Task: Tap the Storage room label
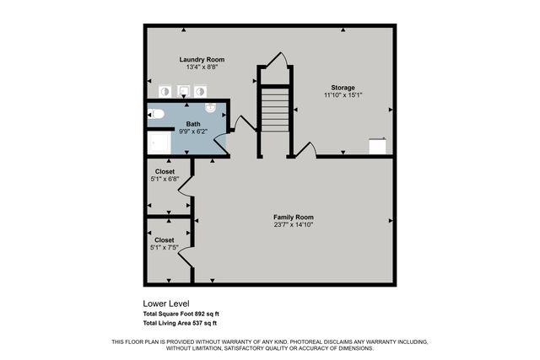pos(343,88)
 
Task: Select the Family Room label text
pos(294,217)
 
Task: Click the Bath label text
pos(193,124)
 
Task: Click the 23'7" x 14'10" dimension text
pos(294,225)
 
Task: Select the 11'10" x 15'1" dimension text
pos(343,95)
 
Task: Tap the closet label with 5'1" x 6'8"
pos(165,171)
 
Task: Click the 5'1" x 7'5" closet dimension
pos(165,248)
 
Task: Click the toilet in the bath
pos(157,113)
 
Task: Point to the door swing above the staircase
pos(279,64)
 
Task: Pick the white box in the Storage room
pos(379,147)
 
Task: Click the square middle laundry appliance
pos(183,91)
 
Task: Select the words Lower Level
pos(166,304)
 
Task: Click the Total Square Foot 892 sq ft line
pos(181,314)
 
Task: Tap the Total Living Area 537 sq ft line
pos(180,323)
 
